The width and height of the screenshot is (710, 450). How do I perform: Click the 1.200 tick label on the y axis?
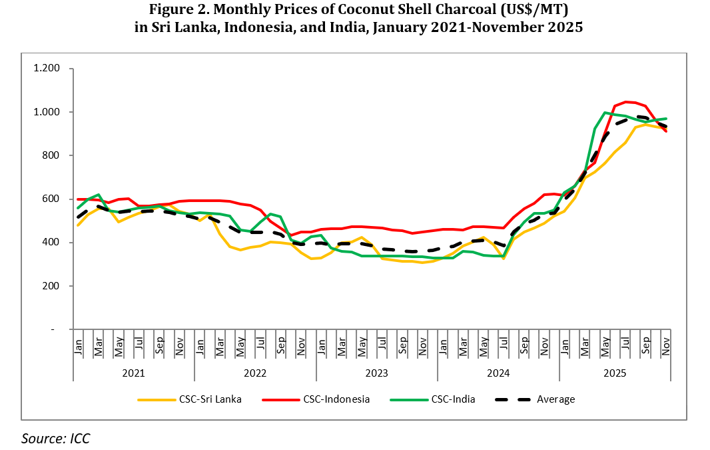point(47,69)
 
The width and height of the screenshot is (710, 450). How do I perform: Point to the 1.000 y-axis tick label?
point(47,112)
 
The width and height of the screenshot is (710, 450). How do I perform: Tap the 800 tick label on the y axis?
point(51,155)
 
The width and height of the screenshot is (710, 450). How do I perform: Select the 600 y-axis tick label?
point(51,199)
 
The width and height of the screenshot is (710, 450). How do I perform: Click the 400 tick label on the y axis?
point(51,243)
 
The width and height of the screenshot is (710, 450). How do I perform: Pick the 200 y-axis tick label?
point(51,286)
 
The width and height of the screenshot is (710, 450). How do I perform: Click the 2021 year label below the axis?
point(133,372)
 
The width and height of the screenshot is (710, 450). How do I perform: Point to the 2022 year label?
point(255,372)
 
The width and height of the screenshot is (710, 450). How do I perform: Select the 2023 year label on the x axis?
point(376,372)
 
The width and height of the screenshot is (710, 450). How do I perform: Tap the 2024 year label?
point(498,372)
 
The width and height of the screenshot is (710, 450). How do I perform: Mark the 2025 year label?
point(614,372)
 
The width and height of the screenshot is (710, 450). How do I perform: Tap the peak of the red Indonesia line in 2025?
point(626,102)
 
